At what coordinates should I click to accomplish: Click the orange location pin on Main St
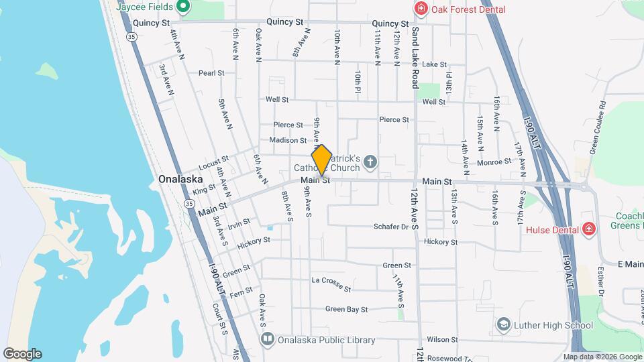pos(322,160)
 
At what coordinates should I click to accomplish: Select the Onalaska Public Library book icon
pos(268,340)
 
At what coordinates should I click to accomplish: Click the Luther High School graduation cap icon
pos(502,325)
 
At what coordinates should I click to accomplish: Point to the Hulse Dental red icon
pos(589,229)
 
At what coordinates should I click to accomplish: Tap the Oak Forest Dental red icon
pos(421,9)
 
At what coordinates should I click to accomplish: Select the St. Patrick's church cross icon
pos(371,162)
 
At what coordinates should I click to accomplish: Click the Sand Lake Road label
pos(415,58)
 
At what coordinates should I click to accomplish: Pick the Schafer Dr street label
pos(396,227)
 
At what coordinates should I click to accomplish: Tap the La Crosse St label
pos(331,284)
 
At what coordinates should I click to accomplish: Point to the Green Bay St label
pos(346,309)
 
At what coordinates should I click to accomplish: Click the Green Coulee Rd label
pos(598,128)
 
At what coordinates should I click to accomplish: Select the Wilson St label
pos(441,340)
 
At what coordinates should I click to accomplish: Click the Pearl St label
pos(211,72)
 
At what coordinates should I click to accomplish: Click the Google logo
pos(22,354)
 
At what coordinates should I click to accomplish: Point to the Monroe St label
pos(494,162)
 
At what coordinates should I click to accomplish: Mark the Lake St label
pos(434,64)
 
